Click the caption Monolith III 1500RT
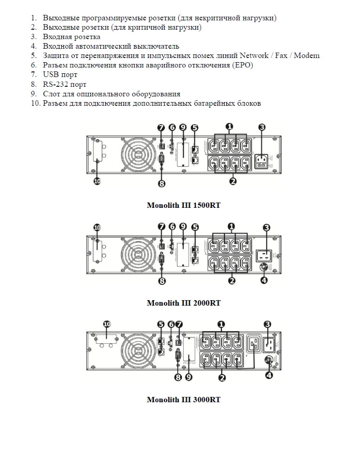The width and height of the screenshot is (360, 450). tap(183, 205)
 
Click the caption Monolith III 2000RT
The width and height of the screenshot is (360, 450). tap(183, 303)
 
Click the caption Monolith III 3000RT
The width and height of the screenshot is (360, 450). tap(183, 399)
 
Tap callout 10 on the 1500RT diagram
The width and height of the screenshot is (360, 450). tap(97, 182)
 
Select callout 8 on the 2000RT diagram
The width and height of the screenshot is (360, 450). tap(161, 281)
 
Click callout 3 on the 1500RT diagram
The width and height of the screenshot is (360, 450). tap(262, 127)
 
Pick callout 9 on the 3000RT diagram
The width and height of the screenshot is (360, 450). tap(189, 377)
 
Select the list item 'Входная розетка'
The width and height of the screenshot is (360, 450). tap(71, 37)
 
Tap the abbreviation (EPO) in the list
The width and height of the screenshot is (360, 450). tap(242, 65)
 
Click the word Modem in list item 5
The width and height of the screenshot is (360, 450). tap(307, 56)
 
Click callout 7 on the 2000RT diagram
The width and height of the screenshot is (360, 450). tap(161, 227)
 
